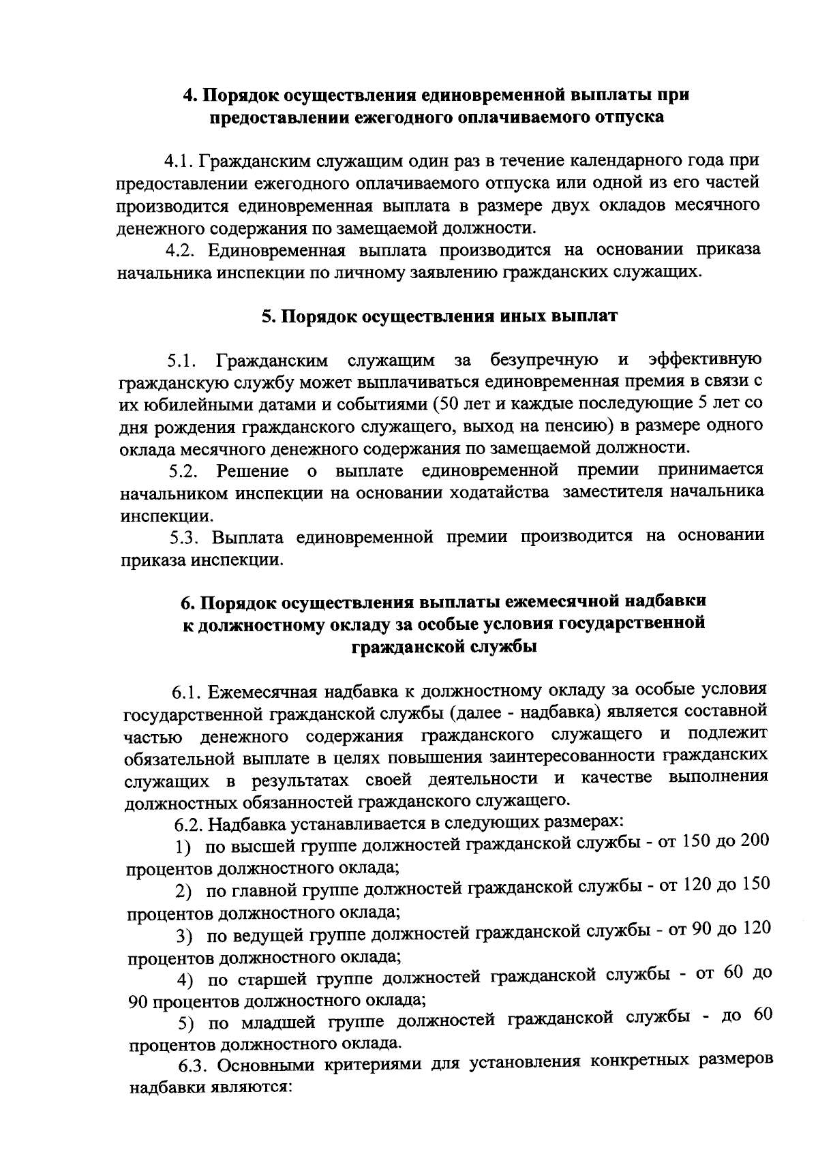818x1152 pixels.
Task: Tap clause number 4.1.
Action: tap(179, 162)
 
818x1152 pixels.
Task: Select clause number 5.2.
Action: tap(184, 471)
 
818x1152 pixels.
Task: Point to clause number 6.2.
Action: tap(189, 824)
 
